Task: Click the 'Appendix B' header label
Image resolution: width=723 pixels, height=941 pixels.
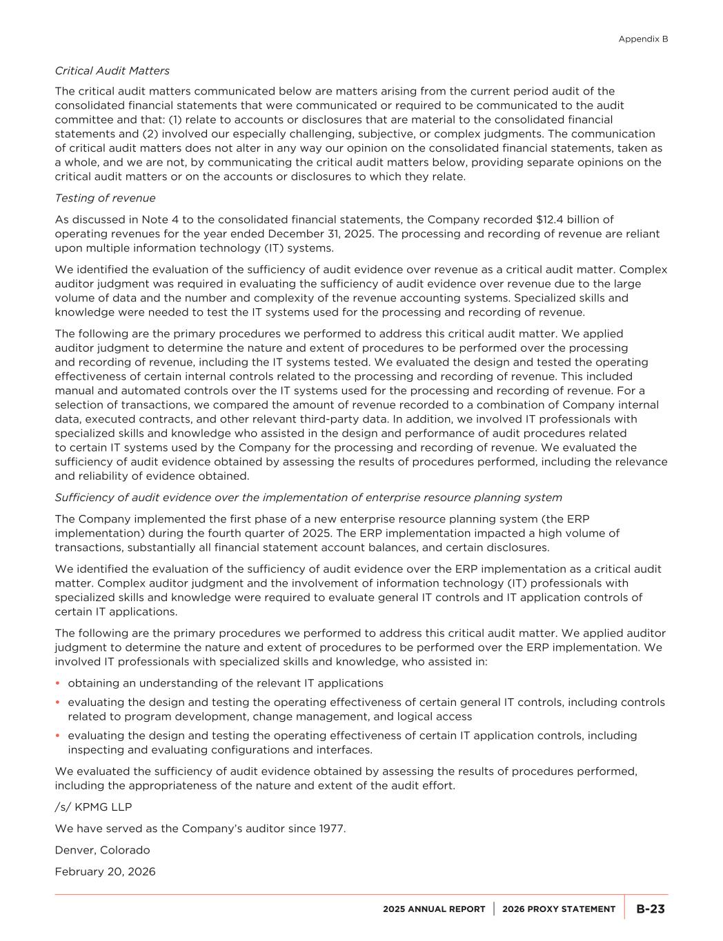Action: pos(643,39)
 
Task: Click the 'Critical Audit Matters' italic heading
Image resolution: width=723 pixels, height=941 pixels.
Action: pos(112,70)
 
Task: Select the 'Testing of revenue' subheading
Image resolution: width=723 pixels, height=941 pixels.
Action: pos(105,198)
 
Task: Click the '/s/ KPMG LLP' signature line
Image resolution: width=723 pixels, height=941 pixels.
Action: pos(93,807)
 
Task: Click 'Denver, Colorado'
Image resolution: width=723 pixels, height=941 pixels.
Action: pos(102,850)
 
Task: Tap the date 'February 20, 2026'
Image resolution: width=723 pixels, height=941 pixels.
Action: pos(105,871)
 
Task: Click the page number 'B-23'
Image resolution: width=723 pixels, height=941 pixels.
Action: pos(650,909)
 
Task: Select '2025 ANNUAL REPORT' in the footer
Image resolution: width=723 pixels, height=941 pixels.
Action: pos(434,909)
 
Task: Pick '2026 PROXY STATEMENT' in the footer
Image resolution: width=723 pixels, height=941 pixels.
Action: pos(559,909)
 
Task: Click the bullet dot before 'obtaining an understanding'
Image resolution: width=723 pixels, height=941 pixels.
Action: pos(58,683)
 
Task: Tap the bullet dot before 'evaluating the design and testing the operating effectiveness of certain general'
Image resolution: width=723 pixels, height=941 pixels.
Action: pos(58,702)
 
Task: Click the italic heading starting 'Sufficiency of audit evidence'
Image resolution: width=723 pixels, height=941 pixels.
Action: pos(308,497)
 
